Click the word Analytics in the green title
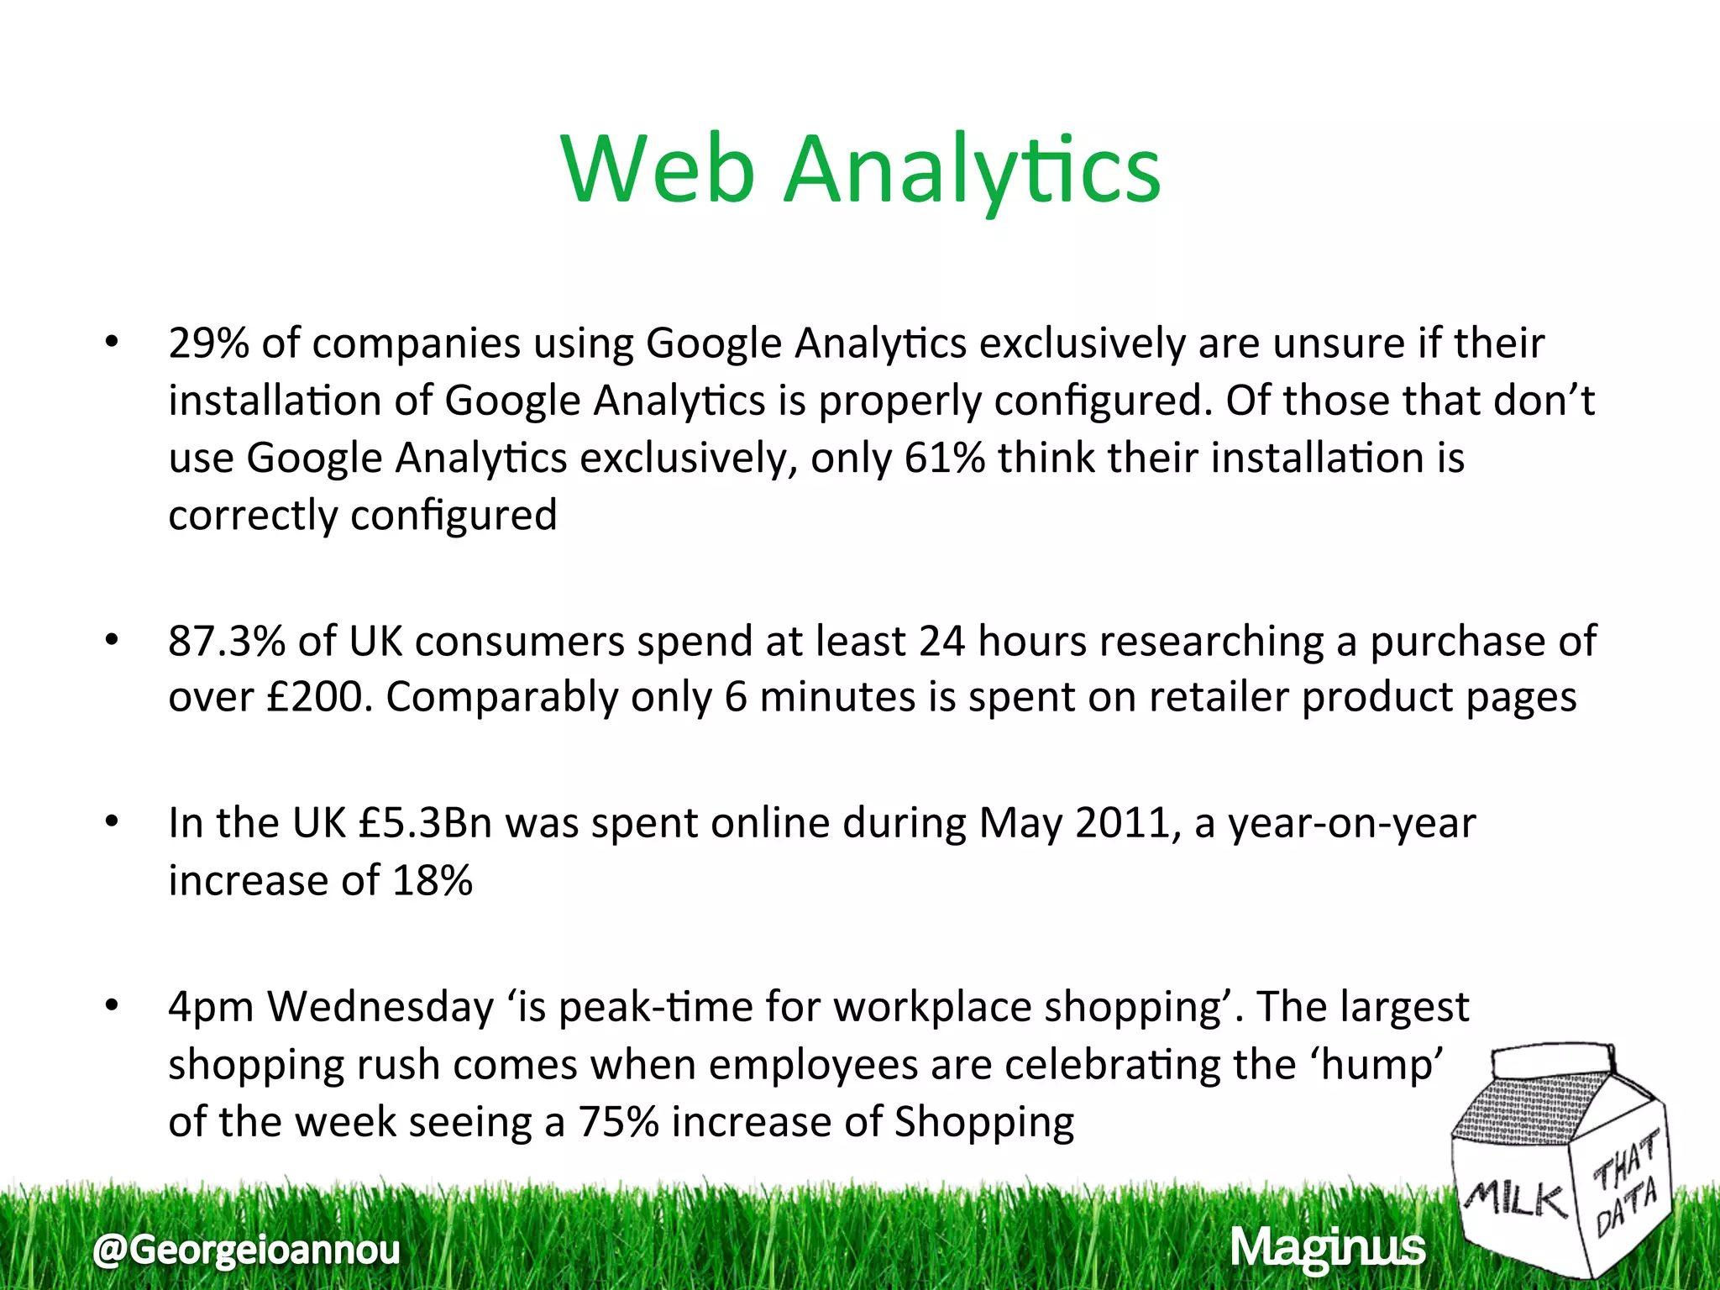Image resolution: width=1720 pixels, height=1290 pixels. click(972, 171)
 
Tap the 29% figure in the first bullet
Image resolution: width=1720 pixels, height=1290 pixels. click(208, 343)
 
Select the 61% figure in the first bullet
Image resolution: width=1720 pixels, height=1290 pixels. click(944, 458)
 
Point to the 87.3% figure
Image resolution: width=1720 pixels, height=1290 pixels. click(227, 641)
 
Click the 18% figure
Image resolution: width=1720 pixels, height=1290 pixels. click(432, 880)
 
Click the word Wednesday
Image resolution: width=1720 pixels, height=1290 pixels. click(380, 1006)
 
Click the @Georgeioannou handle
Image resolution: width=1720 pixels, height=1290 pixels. click(246, 1250)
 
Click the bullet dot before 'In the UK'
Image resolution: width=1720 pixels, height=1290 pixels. click(112, 823)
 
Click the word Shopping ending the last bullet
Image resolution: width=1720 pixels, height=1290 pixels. click(983, 1122)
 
